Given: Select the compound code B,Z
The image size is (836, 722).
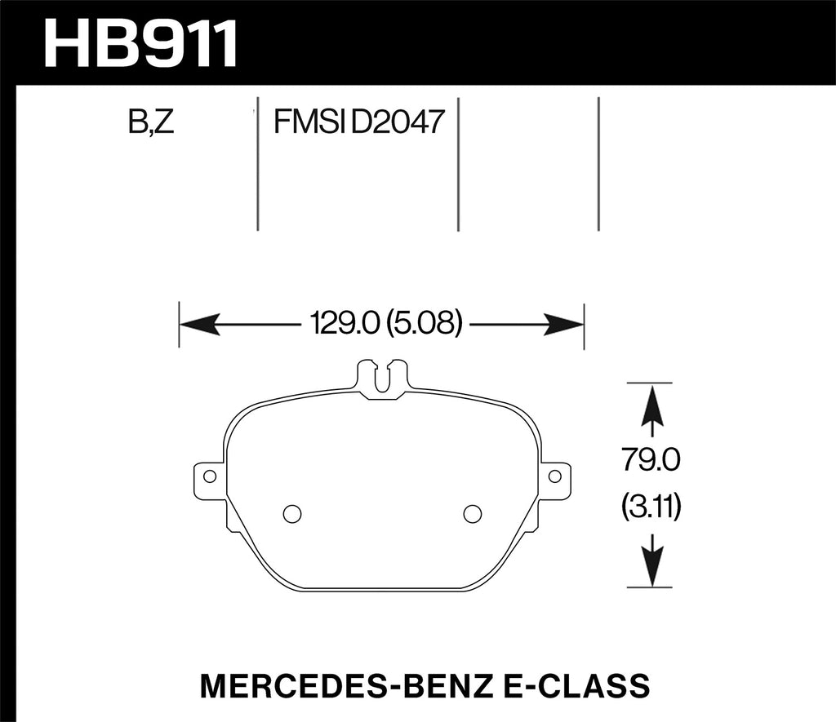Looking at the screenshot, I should [151, 123].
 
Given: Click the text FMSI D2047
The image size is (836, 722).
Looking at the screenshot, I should [358, 123].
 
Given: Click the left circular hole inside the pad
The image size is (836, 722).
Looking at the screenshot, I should [291, 513].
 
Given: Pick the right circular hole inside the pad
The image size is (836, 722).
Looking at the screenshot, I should [472, 513].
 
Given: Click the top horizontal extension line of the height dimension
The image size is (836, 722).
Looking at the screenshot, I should [648, 382].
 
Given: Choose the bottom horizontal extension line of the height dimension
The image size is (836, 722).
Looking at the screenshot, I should [648, 587].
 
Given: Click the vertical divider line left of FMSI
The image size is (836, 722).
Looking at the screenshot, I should [258, 163].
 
